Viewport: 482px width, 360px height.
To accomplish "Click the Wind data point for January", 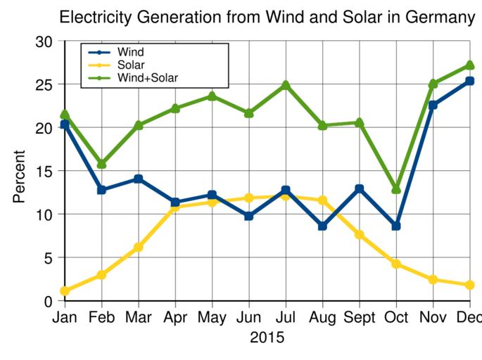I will point(65,124).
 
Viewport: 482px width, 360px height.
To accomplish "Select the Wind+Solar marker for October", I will point(396,190).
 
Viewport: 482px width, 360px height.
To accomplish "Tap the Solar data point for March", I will point(139,247).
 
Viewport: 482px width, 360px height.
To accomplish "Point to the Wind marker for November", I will point(433,105).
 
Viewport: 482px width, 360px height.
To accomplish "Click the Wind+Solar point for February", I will point(102,164).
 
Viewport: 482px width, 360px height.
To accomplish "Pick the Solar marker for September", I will point(360,235).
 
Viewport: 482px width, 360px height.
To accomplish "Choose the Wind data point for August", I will point(322,226).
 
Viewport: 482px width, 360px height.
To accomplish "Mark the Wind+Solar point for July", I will point(286,86).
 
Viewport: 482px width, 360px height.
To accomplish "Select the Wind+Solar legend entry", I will point(147,77).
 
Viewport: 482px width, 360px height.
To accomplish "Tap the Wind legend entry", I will point(130,52).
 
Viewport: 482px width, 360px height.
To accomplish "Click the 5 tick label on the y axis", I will point(49,258).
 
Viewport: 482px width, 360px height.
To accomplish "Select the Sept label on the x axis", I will point(359,318).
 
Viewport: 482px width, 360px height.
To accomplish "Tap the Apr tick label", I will point(175,318).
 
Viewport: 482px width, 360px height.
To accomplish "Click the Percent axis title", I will point(19,176).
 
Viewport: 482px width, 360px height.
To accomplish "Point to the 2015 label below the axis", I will point(267,338).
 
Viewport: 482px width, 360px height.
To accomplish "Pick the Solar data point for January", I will point(65,291).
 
